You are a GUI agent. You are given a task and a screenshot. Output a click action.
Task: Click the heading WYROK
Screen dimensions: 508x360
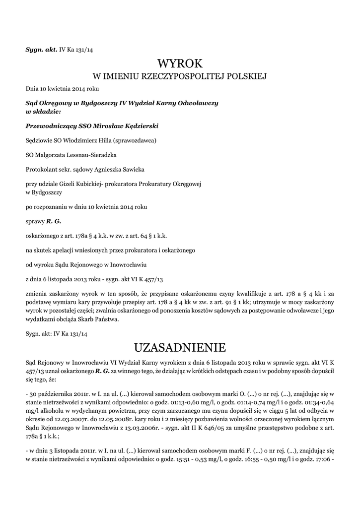click(180, 63)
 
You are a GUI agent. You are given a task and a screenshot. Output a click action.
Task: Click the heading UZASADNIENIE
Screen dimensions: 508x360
click(180, 346)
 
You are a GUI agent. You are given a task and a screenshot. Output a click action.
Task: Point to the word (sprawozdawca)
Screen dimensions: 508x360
click(134, 140)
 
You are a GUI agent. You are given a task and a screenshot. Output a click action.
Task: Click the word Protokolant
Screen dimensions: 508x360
click(42, 169)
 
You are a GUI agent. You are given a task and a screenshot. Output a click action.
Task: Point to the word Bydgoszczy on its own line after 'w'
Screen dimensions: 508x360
click(47, 191)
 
